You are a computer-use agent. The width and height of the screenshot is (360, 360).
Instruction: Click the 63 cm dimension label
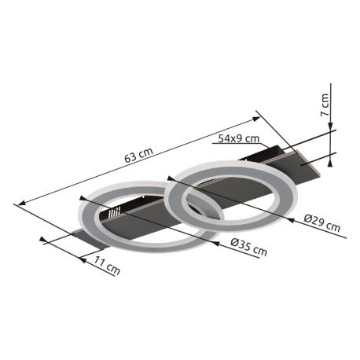point(138,155)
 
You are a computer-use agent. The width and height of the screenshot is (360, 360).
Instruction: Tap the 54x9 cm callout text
point(239,138)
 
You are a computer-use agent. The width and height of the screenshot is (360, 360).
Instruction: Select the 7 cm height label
point(325,105)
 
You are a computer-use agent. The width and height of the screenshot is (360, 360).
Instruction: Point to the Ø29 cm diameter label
point(322,223)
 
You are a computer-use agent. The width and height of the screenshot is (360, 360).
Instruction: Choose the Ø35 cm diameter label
point(248,248)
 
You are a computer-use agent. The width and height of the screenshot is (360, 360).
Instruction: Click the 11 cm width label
point(107,266)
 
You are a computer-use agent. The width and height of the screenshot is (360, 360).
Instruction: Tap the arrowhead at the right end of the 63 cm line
point(256,119)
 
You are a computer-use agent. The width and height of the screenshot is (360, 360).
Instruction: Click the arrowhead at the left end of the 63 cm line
point(21,203)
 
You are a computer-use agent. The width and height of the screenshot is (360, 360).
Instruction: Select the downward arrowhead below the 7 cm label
point(330,127)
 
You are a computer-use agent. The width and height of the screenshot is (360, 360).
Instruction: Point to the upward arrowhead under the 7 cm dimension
point(330,163)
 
